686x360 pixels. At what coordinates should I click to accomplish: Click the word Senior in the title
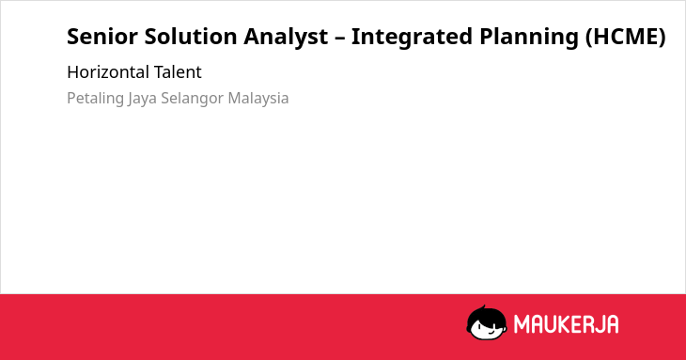click(x=102, y=37)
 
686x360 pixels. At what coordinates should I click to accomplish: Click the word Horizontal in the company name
click(x=108, y=72)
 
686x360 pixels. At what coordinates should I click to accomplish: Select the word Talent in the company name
click(x=178, y=72)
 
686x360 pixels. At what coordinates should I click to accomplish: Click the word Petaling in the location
click(x=95, y=99)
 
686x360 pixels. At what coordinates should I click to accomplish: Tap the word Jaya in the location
click(x=142, y=99)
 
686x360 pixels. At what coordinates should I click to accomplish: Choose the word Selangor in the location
click(x=193, y=99)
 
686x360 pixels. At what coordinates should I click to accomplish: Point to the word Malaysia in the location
click(x=258, y=99)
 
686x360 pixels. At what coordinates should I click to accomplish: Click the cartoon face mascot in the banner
click(x=487, y=322)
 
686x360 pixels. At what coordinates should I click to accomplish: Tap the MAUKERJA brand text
click(x=566, y=324)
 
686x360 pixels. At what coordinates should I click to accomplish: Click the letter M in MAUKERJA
click(x=522, y=324)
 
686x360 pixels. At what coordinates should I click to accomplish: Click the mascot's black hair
click(x=485, y=314)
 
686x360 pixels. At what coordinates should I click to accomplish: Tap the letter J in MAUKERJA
click(x=599, y=324)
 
